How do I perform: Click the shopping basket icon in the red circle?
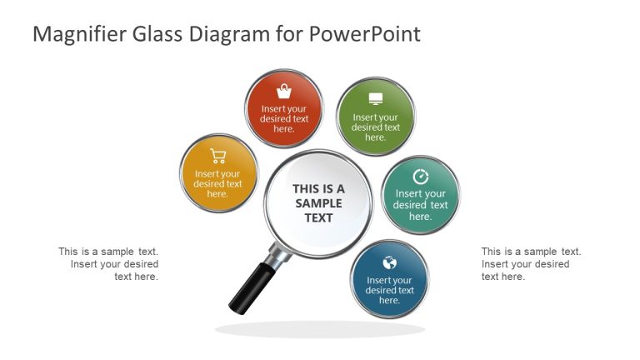pos(284,91)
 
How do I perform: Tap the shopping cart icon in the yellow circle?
pos(217,156)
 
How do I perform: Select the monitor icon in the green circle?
pos(376,99)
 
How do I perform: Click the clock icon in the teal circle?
pos(421,176)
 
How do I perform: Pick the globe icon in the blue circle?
pos(389,262)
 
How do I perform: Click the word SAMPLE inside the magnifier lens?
pos(318,203)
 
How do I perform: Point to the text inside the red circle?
pos(284,119)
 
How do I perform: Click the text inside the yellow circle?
pos(217,184)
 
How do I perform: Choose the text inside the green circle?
pos(376,127)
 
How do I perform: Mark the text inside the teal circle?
pos(421,205)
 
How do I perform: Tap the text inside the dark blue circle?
pos(389,291)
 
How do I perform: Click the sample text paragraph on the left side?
pos(108,263)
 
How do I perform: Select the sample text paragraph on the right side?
pos(531,263)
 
